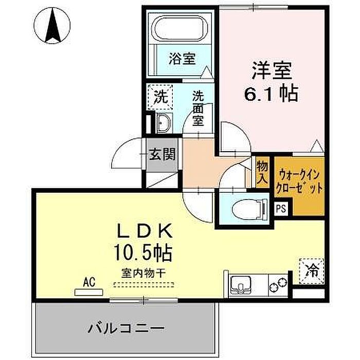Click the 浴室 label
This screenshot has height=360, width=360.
coord(182,59)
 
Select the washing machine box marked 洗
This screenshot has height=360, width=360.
coord(160,97)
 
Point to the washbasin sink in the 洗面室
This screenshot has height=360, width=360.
coord(164,123)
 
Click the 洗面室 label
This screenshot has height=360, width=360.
coord(198,109)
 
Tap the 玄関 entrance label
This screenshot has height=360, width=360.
coord(163,154)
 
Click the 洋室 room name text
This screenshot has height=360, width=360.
coord(272,70)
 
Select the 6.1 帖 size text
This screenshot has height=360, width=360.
coord(271,94)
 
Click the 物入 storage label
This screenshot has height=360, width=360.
coord(262,172)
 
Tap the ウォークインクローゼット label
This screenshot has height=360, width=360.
coord(299,182)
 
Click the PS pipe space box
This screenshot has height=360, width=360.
coord(281,209)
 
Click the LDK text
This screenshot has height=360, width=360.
coord(145,231)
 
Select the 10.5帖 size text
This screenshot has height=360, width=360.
coord(143,253)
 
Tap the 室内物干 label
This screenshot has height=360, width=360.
coord(143,274)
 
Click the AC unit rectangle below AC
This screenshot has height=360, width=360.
coord(88,292)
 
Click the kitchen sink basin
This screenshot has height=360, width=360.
coord(241,284)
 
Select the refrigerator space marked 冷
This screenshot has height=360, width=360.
coord(312,272)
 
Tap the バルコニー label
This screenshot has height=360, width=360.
coord(127,328)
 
